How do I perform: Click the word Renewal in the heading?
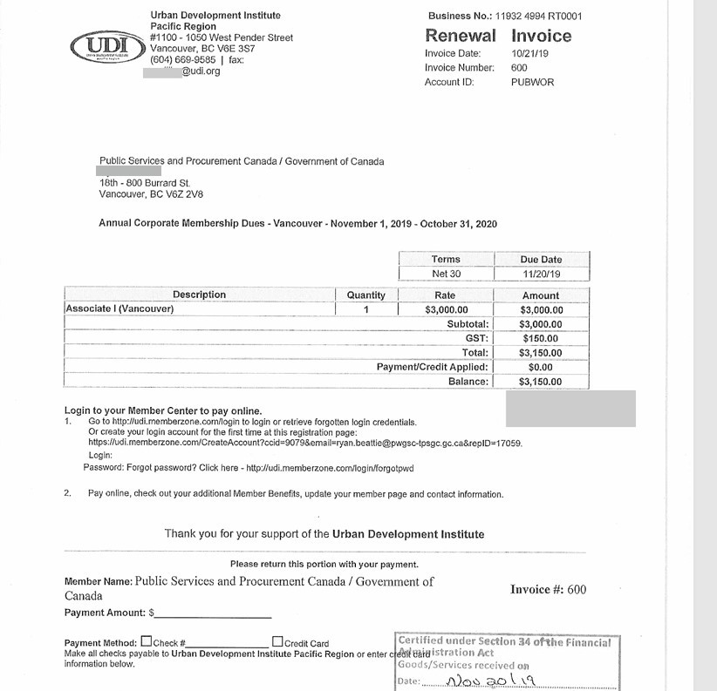pyautogui.click(x=460, y=36)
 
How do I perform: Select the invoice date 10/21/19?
pyautogui.click(x=529, y=53)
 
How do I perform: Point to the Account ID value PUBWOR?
pyautogui.click(x=532, y=82)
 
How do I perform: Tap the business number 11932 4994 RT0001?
pyautogui.click(x=537, y=17)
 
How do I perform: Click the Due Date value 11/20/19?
pyautogui.click(x=541, y=273)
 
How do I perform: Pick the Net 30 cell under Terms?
pyautogui.click(x=446, y=273)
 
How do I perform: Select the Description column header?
pyautogui.click(x=199, y=295)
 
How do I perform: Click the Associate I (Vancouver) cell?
pyautogui.click(x=120, y=309)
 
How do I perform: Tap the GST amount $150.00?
pyautogui.click(x=541, y=338)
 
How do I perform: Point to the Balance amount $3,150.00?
pyautogui.click(x=541, y=382)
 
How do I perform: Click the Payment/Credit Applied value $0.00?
pyautogui.click(x=541, y=368)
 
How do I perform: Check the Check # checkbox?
pyautogui.click(x=146, y=642)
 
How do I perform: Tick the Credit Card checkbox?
pyautogui.click(x=277, y=642)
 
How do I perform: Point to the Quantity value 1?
pyautogui.click(x=366, y=309)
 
